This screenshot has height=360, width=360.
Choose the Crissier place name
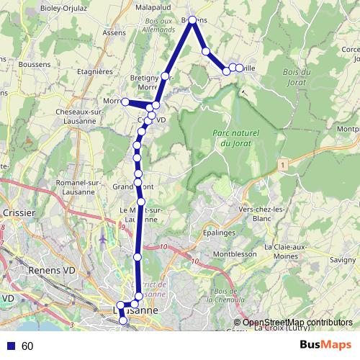19,212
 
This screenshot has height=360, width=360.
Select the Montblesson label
234,254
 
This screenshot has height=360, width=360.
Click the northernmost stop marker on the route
192,21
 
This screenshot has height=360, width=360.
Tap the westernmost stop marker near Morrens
125,102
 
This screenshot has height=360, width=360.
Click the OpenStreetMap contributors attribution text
297,323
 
